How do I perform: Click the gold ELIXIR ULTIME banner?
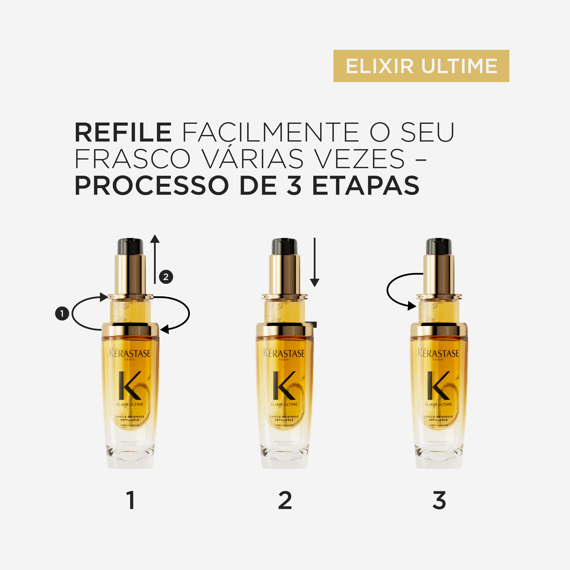point(421,66)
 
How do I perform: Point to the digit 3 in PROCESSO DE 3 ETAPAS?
point(294,185)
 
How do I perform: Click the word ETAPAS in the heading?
point(366,185)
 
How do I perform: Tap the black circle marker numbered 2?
point(166,277)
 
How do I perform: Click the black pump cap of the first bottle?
point(130,246)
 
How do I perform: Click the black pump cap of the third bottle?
point(439,246)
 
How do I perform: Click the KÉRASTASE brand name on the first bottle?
point(130,353)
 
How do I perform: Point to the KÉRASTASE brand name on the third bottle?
point(438,353)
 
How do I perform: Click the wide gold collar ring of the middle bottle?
point(284,329)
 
